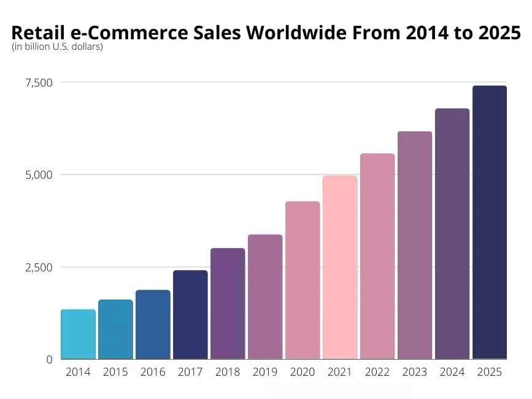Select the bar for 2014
click(78, 335)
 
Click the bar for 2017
click(190, 315)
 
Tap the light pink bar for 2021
click(340, 268)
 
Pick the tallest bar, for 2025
click(490, 222)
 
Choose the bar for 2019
click(265, 297)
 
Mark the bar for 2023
click(415, 246)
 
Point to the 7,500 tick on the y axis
click(38, 83)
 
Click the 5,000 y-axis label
click(38, 175)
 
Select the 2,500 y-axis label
click(38, 268)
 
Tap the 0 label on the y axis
click(49, 360)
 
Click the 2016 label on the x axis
click(153, 372)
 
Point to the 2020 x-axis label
click(303, 372)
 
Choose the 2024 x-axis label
click(452, 372)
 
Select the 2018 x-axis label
click(228, 372)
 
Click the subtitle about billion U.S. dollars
click(57, 47)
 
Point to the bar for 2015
click(115, 330)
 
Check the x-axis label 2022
click(377, 372)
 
